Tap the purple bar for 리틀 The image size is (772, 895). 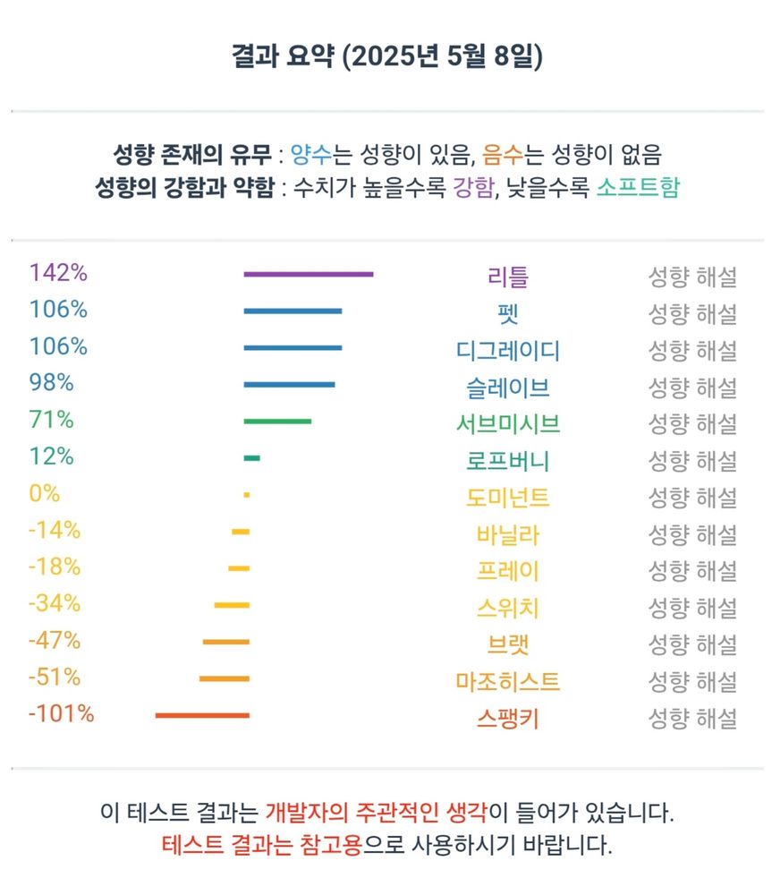(x=308, y=274)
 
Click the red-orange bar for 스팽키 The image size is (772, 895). (x=202, y=715)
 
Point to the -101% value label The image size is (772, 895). (x=61, y=714)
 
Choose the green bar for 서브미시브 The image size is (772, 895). (x=277, y=421)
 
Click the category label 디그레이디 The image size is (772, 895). (x=507, y=350)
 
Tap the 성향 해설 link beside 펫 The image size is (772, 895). (x=691, y=314)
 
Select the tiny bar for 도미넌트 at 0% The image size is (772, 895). (x=246, y=495)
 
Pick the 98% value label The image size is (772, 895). (x=51, y=383)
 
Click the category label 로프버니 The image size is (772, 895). (x=507, y=461)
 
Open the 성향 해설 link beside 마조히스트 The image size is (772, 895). (x=691, y=682)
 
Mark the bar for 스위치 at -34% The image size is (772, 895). (x=232, y=605)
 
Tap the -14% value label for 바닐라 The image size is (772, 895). (x=55, y=530)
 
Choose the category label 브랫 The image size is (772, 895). (x=507, y=644)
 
